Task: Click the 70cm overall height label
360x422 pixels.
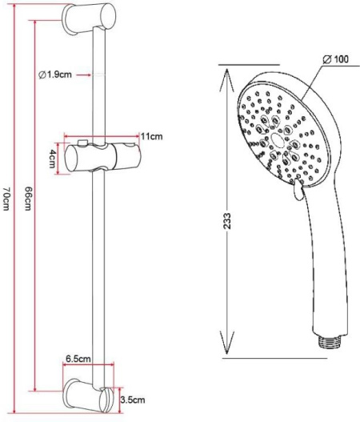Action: coord(6,199)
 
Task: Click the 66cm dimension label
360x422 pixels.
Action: coord(28,199)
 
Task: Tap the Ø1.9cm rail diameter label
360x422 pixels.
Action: coord(55,74)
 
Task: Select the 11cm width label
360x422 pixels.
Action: coord(152,136)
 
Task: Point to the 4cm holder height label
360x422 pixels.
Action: coord(52,159)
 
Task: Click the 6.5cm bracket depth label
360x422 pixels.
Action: coord(78,359)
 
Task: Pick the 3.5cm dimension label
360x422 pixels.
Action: coord(133,400)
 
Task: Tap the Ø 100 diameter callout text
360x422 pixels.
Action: coord(335,59)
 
